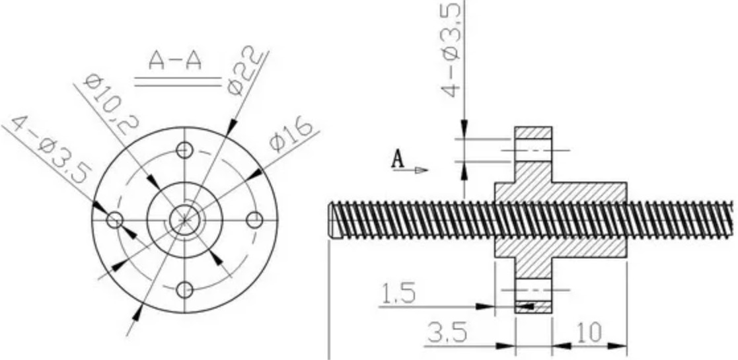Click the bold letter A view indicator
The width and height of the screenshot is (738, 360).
[398, 159]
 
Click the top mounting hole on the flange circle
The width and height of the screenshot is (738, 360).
[186, 149]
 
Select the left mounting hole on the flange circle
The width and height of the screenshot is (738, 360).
[116, 219]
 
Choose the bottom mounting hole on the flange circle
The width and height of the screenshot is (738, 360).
[186, 289]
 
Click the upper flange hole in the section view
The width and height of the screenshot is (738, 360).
[533, 151]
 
